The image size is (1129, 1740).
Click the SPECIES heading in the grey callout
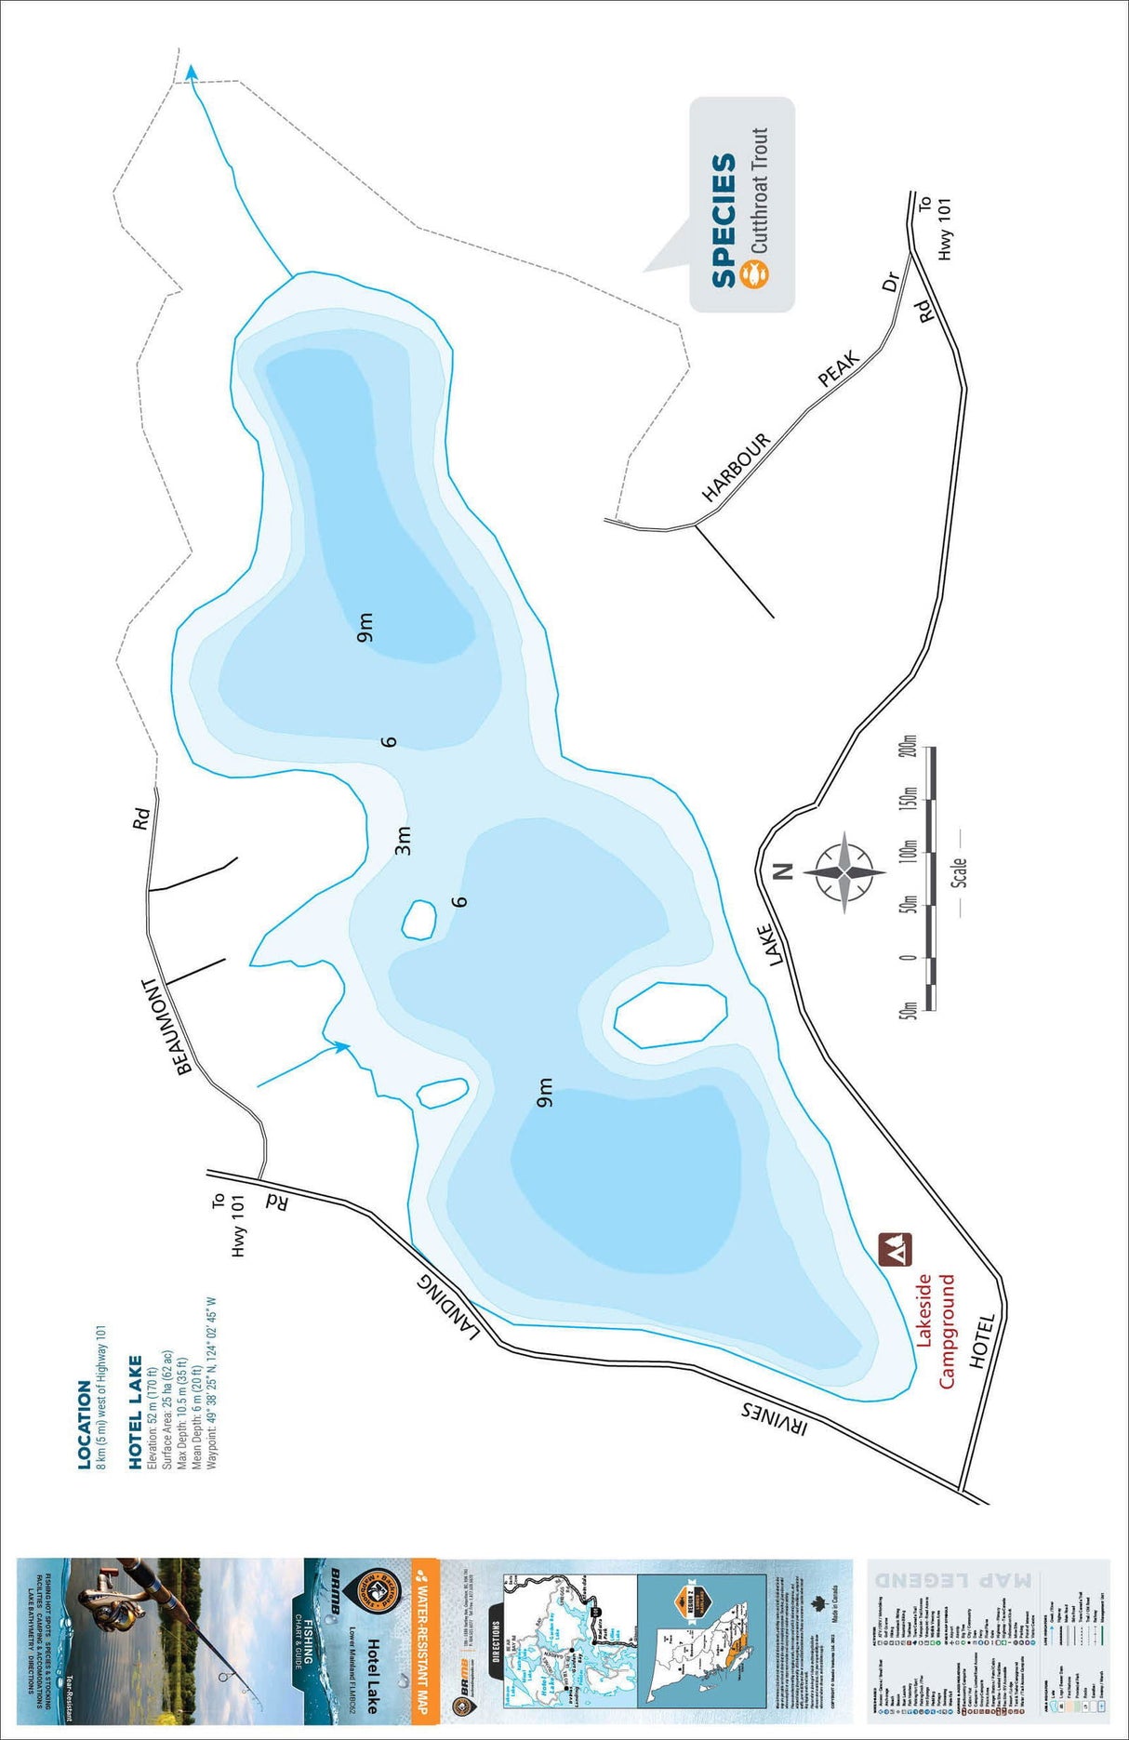tap(724, 219)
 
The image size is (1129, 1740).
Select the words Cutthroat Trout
tap(759, 191)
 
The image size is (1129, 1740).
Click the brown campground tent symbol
tap(896, 1249)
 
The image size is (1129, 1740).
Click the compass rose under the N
tap(844, 873)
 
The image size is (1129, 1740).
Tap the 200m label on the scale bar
tap(909, 759)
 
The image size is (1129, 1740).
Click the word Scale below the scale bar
tap(959, 872)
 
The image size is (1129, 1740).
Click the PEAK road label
tap(838, 369)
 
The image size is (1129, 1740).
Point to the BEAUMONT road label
tap(167, 1026)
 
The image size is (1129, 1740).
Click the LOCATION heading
tap(85, 1424)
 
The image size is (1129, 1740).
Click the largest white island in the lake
tap(670, 1015)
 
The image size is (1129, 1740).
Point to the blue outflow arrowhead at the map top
tap(192, 73)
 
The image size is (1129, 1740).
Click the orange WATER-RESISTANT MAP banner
tap(424, 1636)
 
